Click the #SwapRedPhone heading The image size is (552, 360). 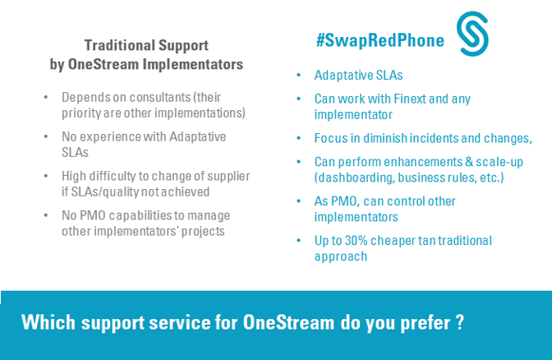tap(380, 40)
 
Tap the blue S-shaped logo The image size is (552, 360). tap(472, 34)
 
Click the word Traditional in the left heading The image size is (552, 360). tap(119, 45)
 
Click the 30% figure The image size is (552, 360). tap(356, 241)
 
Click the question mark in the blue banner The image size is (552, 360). tap(460, 322)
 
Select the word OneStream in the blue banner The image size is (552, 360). tap(288, 322)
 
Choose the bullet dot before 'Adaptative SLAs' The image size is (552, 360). tap(299, 75)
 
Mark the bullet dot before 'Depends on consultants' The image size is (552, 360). tap(46, 97)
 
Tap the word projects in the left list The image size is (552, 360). tap(203, 232)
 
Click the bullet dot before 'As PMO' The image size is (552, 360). tap(299, 201)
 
